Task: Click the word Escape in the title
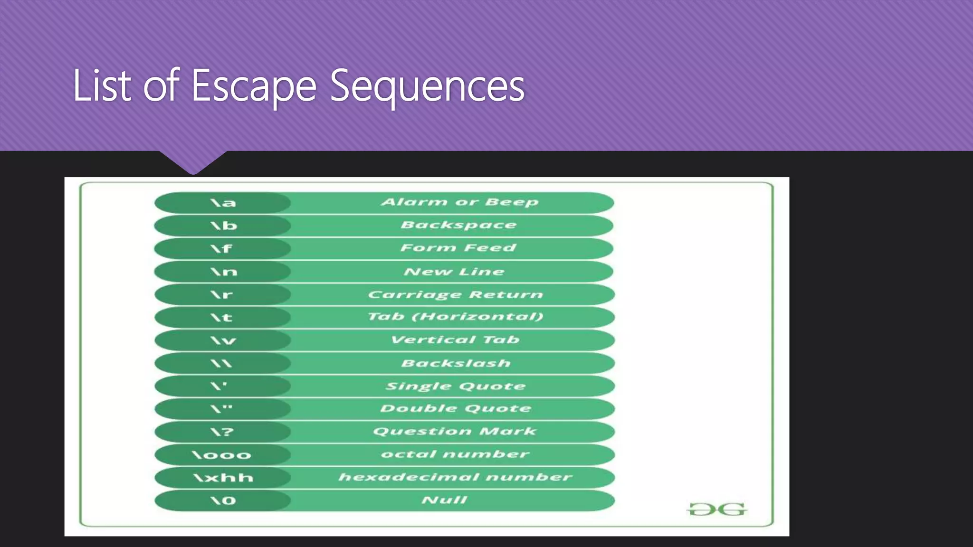(254, 86)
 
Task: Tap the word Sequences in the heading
(427, 86)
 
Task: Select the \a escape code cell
(223, 203)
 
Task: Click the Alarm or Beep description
(459, 202)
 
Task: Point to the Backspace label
(458, 225)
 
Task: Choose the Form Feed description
(458, 248)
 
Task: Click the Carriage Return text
(455, 294)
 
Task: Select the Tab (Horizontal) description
(455, 317)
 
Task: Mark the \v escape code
(223, 340)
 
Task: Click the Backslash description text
(456, 363)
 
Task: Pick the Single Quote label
(455, 386)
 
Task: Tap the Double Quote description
(456, 408)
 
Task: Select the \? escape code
(222, 432)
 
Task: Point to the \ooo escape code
(221, 455)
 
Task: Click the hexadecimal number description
(455, 477)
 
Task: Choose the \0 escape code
(223, 500)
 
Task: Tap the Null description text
(445, 500)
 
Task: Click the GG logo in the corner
(717, 509)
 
